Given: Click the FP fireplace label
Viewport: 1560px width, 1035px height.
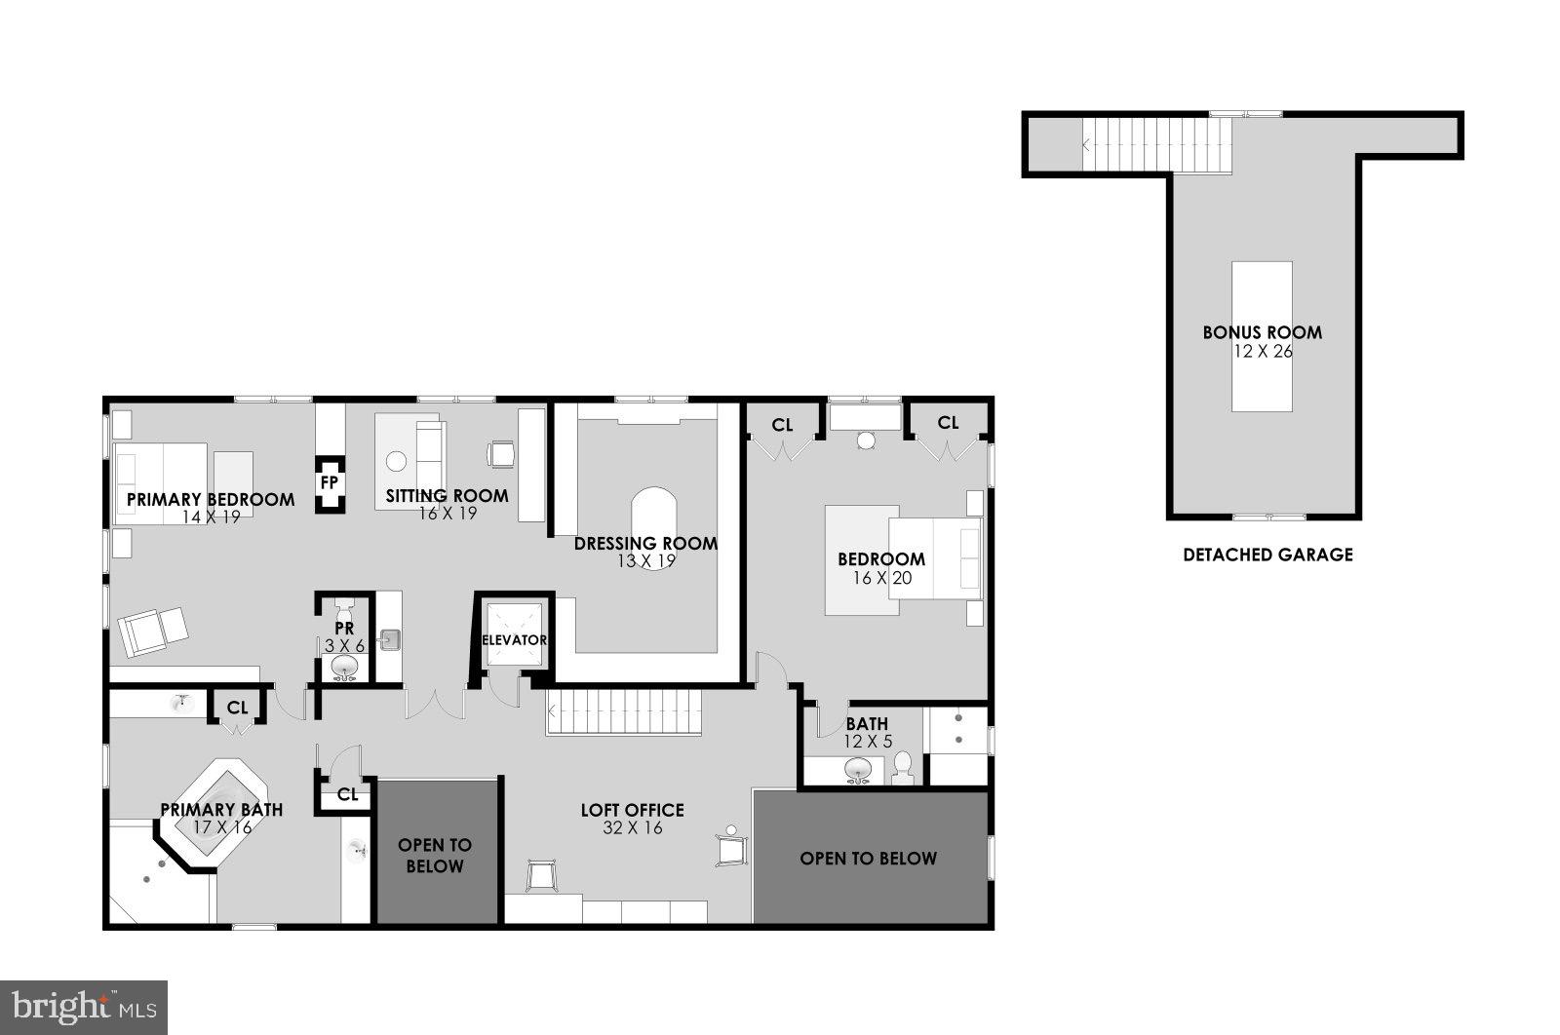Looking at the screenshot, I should (x=330, y=483).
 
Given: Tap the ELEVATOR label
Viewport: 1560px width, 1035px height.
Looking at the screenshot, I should (x=514, y=640).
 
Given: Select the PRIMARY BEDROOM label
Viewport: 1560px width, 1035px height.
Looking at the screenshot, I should (x=211, y=500).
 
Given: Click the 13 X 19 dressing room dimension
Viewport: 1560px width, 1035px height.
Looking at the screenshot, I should (x=645, y=561).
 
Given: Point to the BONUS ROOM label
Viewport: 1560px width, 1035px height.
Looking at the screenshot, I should (x=1263, y=332).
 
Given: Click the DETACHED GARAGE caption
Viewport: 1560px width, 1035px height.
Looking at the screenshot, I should (x=1267, y=555).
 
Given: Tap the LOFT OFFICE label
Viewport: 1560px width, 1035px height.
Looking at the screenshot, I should (x=632, y=810).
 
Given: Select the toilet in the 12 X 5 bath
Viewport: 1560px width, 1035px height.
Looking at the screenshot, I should (x=902, y=766).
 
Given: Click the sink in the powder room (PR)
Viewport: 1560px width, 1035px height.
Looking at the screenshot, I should (x=344, y=668).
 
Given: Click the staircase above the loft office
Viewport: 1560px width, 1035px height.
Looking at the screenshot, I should (x=624, y=711).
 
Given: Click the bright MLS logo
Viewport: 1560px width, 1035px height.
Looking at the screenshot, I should (x=83, y=1006).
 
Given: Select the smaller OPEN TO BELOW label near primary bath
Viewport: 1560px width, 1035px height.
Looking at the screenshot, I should (x=435, y=856).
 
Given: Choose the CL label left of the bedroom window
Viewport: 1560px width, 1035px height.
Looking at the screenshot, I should (x=782, y=425).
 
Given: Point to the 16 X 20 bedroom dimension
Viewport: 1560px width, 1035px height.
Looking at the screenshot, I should (x=881, y=577).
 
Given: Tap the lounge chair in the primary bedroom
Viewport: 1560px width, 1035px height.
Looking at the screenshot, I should (x=153, y=631).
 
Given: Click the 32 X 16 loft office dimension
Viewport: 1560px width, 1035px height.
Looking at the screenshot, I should (x=633, y=828).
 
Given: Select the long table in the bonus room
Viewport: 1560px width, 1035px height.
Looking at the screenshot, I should (x=1262, y=336).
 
